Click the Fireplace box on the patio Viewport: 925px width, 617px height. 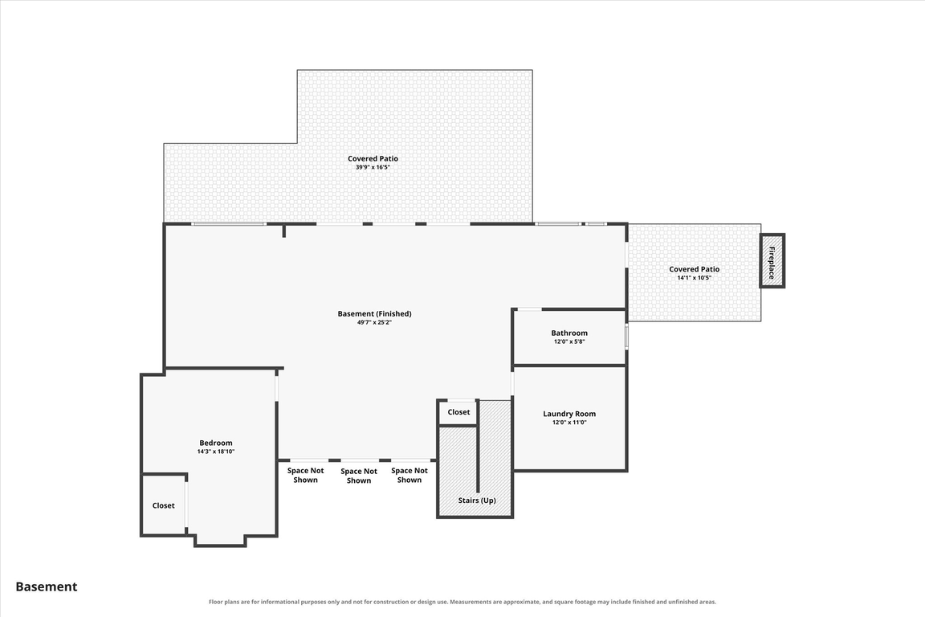coord(772,261)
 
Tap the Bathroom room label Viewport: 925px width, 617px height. coord(569,333)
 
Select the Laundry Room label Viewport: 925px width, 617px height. coord(569,414)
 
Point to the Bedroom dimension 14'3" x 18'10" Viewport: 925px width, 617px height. coord(216,452)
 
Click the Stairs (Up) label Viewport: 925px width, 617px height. coord(477,501)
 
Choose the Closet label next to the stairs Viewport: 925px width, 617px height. coord(459,412)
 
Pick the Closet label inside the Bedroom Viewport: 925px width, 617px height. coord(164,505)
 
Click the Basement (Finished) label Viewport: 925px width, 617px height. coord(375,313)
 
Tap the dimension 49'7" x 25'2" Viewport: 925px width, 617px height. coord(375,322)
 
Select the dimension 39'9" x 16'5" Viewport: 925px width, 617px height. coord(373,167)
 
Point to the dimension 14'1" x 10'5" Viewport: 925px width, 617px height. coord(695,277)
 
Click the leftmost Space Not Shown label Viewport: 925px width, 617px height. coord(306,476)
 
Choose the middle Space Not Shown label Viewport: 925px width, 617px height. coord(359,476)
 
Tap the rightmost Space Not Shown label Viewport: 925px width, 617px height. coord(410,476)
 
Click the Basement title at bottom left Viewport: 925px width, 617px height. coord(47,587)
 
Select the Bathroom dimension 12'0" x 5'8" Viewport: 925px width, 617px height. coord(569,342)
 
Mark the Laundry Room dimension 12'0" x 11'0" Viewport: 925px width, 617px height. coord(569,423)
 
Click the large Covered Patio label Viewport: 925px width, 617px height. coord(373,158)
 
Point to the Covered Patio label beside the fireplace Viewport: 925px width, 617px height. coord(695,269)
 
